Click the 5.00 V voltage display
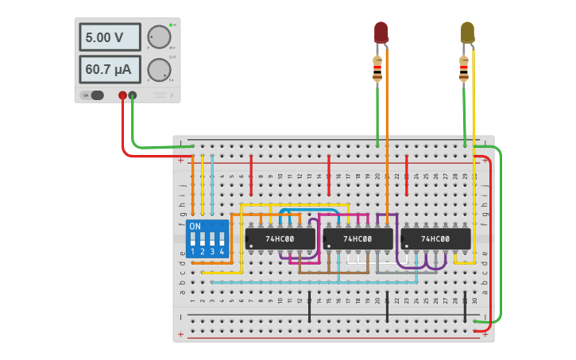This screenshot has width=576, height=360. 110,37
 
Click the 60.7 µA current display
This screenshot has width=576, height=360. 110,69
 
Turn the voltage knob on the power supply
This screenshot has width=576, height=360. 159,37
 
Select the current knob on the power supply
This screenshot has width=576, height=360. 159,69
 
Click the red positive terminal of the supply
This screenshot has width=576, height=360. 122,95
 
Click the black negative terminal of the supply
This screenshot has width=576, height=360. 133,95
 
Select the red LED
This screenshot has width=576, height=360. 381,32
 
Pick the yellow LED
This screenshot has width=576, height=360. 467,32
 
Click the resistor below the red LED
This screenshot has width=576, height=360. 377,70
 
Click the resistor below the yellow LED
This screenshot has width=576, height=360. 464,70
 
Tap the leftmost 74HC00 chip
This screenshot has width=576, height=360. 280,238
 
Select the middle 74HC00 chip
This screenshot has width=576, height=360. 358,238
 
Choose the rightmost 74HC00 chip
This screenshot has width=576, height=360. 435,238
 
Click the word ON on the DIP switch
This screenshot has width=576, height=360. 195,226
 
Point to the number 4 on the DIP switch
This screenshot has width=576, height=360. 222,251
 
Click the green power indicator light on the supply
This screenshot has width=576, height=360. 171,25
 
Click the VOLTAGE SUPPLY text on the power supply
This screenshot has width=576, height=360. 160,95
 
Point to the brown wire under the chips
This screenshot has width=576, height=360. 334,273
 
